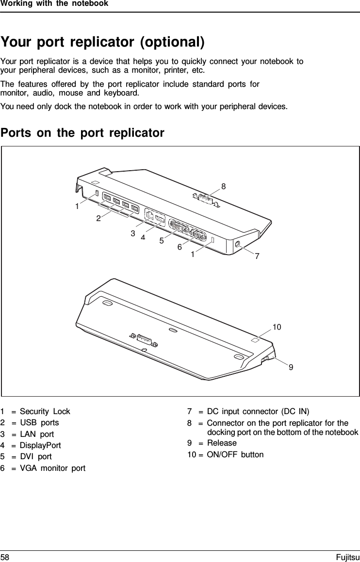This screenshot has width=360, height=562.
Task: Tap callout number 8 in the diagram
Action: pos(223,186)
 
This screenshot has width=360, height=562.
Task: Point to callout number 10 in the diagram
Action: pos(277,327)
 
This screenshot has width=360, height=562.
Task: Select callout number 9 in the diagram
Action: pos(291,368)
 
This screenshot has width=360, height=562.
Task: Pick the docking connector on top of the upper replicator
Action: pos(206,199)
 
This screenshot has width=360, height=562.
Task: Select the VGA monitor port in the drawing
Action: pos(197,235)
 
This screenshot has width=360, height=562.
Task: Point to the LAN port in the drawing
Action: pos(150,217)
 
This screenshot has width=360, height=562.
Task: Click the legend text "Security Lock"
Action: pos(45,411)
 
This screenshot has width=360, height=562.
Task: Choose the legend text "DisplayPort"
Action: pos(40,445)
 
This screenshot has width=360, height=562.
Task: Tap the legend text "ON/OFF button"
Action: pos(235,454)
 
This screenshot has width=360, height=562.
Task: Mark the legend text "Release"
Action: pos(222,443)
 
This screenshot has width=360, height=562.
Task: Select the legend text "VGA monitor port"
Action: pos(52,468)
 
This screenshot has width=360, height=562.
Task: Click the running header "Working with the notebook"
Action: pos(54,4)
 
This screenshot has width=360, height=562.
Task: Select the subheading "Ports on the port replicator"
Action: pos(82,133)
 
